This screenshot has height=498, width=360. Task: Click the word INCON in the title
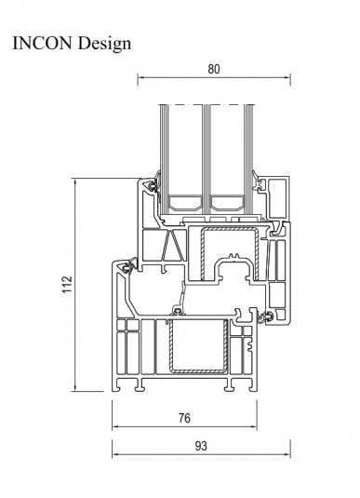pyautogui.click(x=42, y=43)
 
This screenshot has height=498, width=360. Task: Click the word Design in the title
pyautogui.click(x=104, y=44)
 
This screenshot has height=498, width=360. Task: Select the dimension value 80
pyautogui.click(x=214, y=69)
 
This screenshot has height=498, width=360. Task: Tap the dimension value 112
pyautogui.click(x=67, y=285)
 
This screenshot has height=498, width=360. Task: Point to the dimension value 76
pyautogui.click(x=184, y=418)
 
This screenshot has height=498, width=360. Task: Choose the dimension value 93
pyautogui.click(x=201, y=446)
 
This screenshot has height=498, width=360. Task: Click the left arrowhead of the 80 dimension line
pyautogui.click(x=140, y=77)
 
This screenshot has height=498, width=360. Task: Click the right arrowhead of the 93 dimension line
pyautogui.click(x=287, y=454)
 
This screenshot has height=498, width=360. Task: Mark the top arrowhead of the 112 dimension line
pyautogui.click(x=75, y=182)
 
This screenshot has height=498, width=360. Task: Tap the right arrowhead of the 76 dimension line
pyautogui.click(x=254, y=426)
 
